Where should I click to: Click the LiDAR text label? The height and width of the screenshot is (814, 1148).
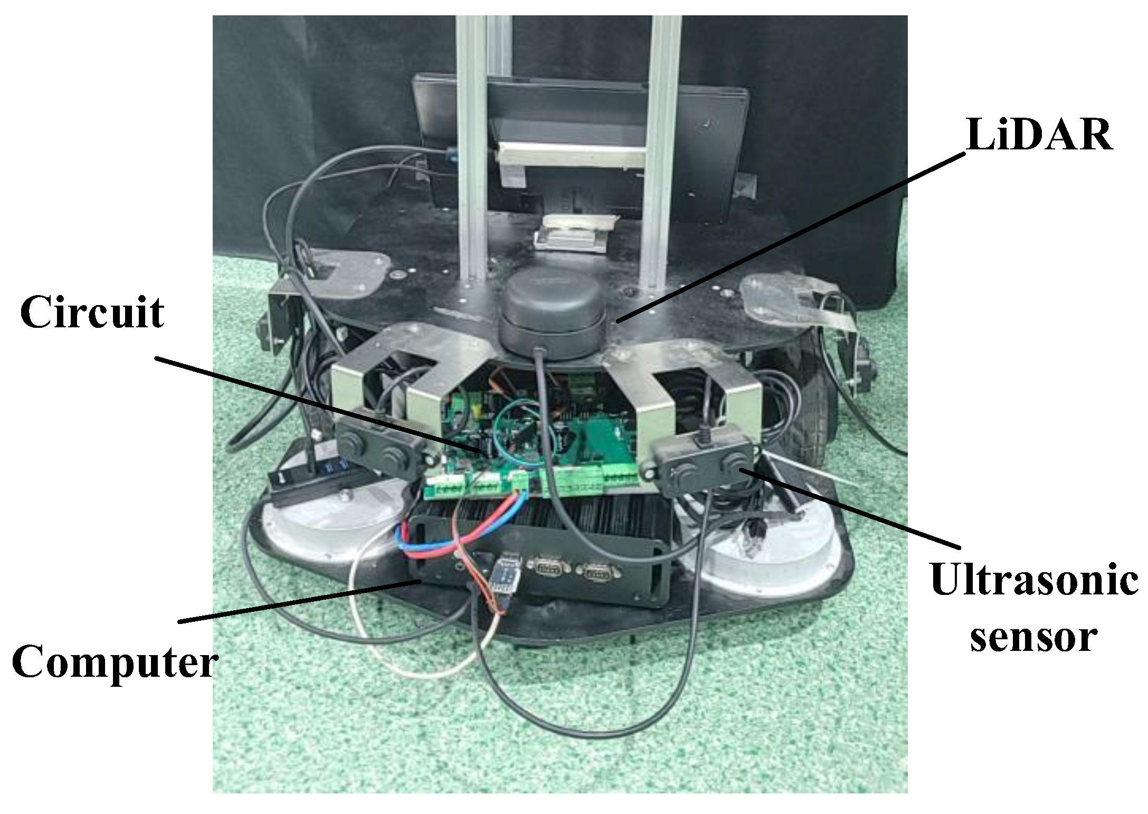tap(1039, 135)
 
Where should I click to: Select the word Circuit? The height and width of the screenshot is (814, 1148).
tap(92, 312)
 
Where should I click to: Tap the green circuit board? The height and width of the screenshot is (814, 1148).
tap(533, 449)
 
